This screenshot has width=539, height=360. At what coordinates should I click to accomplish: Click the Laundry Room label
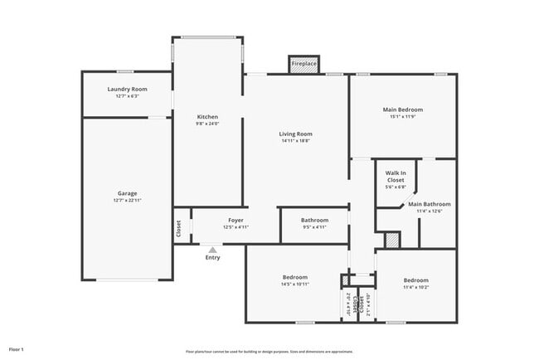[127, 89]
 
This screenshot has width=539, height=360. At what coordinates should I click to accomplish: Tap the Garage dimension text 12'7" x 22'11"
[127, 200]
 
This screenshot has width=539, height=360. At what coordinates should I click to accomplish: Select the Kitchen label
[206, 117]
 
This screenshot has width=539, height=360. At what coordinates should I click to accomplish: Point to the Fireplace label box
[303, 64]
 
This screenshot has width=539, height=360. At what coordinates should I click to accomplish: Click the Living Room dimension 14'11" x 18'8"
[295, 141]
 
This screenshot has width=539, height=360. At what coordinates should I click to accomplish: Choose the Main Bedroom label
[402, 109]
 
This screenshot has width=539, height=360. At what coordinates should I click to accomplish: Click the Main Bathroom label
[430, 203]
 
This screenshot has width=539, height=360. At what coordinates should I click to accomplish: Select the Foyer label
[236, 221]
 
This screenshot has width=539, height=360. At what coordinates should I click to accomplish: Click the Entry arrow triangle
[213, 250]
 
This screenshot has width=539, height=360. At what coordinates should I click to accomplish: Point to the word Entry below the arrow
[213, 258]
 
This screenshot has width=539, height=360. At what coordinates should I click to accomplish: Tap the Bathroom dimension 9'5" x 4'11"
[314, 227]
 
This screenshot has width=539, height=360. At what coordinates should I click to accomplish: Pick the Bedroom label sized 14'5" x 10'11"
[294, 277]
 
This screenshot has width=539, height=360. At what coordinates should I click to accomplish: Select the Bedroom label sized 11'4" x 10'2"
[415, 280]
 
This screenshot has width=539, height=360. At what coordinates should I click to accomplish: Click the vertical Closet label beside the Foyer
[178, 228]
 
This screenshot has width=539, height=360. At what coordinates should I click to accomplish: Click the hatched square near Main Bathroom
[393, 240]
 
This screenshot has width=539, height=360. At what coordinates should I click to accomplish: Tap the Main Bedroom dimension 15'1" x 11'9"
[402, 117]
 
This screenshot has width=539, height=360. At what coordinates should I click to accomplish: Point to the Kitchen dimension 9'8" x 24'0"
[206, 124]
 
